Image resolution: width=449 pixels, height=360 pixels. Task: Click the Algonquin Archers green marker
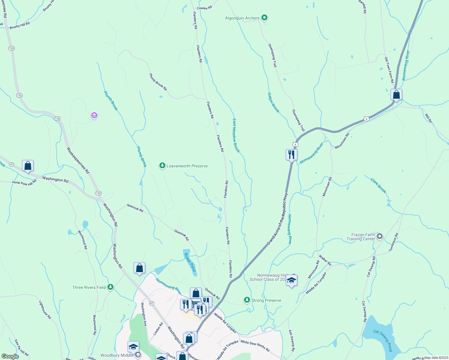coord(264,18)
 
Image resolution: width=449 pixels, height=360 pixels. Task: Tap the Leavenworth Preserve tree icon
coord(162,166)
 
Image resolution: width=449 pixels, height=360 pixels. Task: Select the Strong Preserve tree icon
coord(247,300)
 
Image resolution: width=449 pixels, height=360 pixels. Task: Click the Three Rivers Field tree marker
coord(110,287)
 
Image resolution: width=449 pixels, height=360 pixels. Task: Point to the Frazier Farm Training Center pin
coord(379,237)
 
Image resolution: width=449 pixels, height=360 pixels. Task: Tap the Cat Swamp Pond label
coord(383,340)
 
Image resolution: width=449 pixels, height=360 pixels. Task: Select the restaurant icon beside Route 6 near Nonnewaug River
coord(291,155)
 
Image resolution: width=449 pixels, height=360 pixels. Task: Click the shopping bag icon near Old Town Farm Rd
coord(396,94)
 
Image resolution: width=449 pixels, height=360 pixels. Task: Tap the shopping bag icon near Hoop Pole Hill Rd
coord(28,166)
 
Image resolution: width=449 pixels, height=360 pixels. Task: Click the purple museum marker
coord(94,115)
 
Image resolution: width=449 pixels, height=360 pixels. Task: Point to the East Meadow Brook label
coord(236,135)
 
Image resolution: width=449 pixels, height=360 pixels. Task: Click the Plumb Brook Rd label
coord(158,82)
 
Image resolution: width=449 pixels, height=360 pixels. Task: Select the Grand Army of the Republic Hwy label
coord(277,218)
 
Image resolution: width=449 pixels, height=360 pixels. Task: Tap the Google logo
coord(10,356)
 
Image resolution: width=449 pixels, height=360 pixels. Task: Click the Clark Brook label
coord(378,186)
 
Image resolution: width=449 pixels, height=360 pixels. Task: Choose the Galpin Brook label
coord(273,102)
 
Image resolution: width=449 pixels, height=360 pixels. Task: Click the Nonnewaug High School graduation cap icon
coord(291,281)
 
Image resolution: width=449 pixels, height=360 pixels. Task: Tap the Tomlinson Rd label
coord(393,242)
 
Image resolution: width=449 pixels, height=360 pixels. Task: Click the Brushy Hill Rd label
coord(20,25)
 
